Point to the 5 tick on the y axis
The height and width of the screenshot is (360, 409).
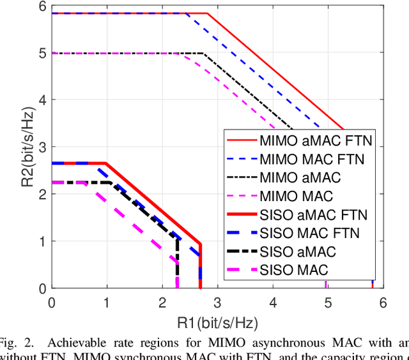point(42,54)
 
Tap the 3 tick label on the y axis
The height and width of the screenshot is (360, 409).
point(42,147)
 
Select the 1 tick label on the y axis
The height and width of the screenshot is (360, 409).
point(42,241)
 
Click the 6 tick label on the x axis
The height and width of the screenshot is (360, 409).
point(382,301)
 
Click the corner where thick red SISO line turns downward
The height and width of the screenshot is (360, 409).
point(200,244)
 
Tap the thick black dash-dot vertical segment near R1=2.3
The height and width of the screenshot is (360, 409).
point(177,262)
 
